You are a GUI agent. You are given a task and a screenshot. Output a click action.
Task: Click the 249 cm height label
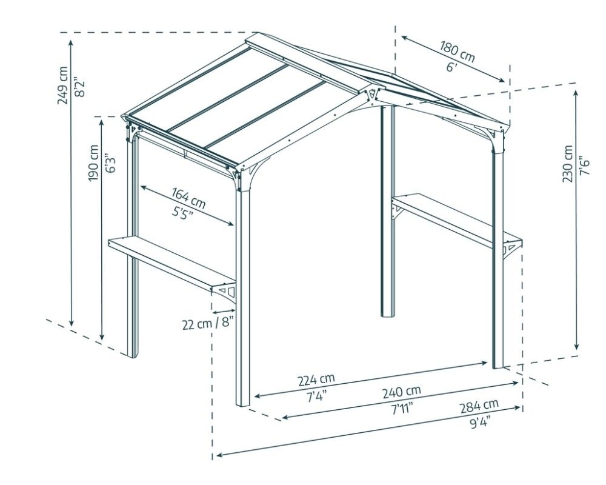(63, 85)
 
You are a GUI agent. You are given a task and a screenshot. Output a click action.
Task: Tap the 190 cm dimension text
(93, 163)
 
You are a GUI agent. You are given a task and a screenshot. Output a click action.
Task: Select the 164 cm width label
(188, 196)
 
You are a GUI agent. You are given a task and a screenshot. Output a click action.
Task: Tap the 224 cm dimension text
(316, 380)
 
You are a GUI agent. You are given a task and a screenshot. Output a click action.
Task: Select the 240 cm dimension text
(401, 391)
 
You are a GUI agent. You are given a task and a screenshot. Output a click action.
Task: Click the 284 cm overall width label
(479, 404)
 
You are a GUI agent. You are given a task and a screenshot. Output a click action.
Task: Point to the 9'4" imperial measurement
(479, 422)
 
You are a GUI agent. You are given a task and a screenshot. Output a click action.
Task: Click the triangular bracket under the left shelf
(226, 292)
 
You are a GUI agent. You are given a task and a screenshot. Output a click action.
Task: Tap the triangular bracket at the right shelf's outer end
(512, 247)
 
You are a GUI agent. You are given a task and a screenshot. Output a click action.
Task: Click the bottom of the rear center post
(387, 312)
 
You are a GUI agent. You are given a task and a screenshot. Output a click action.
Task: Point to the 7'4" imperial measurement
(316, 396)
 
